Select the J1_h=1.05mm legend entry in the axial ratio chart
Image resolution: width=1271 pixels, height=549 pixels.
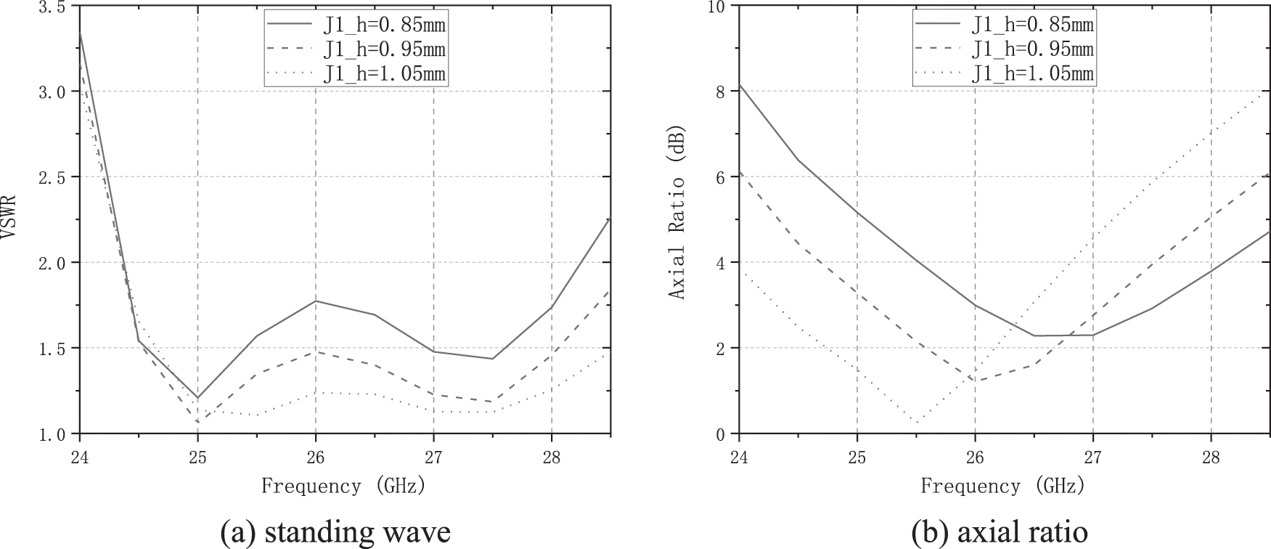tap(1033, 73)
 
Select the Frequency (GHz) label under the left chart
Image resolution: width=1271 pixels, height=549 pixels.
tap(343, 485)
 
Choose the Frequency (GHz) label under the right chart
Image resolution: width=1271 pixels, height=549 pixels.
tap(1003, 485)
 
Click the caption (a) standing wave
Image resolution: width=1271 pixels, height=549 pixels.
tap(335, 532)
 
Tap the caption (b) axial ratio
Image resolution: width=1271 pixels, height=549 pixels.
tap(1000, 532)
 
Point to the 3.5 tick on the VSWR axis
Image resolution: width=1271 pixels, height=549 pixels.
tap(54, 7)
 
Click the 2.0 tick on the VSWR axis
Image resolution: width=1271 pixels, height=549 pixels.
tap(54, 262)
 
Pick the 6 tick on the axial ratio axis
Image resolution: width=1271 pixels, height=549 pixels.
tap(722, 176)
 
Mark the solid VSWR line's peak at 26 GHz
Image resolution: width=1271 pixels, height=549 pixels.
tap(315, 301)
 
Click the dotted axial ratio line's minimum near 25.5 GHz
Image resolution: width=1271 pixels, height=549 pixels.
tap(918, 423)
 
